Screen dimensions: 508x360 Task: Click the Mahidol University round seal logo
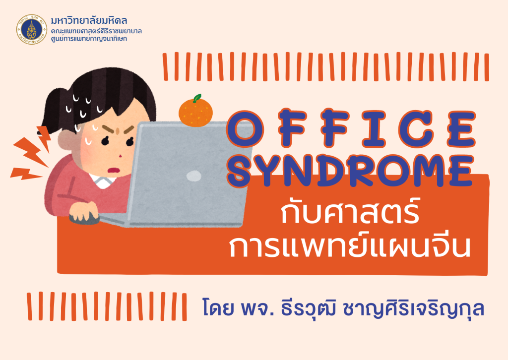click(31, 29)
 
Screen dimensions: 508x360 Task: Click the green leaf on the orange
click(197, 98)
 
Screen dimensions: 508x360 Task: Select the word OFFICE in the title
click(351, 128)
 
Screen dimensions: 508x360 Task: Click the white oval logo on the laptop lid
click(194, 176)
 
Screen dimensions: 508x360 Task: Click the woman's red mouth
click(113, 170)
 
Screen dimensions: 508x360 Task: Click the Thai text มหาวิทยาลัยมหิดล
click(89, 21)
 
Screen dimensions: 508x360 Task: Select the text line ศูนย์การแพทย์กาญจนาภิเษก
click(89, 39)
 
